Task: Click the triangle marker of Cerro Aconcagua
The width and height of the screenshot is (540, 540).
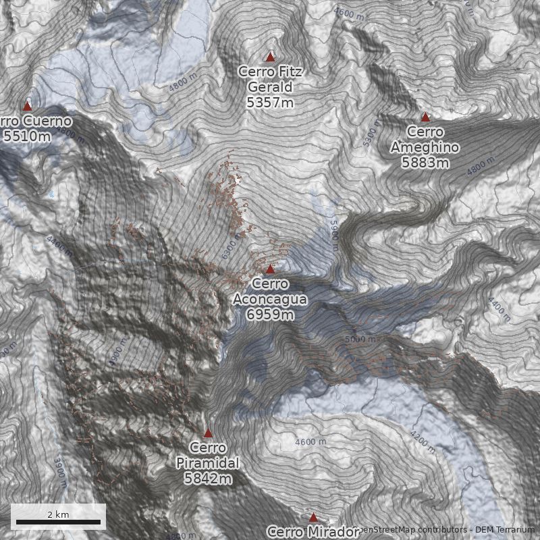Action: [270, 269]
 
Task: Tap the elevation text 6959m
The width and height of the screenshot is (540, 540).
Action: [270, 315]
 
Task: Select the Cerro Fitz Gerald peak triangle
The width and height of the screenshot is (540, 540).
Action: [271, 57]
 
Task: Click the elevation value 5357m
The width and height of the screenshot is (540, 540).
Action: [270, 103]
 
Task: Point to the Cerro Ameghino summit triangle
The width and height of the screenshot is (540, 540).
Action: [425, 117]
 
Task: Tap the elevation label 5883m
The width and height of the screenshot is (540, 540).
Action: [425, 163]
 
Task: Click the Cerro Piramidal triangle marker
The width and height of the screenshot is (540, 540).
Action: [208, 433]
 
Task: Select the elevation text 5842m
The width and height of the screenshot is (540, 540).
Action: [208, 479]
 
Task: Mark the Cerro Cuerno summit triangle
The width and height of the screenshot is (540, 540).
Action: [28, 106]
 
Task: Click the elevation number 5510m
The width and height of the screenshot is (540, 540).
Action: [27, 136]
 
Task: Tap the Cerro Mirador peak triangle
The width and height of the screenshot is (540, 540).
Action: [313, 518]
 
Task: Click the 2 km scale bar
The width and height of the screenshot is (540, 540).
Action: [58, 522]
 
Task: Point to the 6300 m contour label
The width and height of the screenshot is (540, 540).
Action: [233, 248]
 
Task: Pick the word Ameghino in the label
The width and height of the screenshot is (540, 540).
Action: [425, 148]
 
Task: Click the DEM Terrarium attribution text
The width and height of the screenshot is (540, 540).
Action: [504, 530]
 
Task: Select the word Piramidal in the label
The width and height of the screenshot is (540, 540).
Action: [208, 463]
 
